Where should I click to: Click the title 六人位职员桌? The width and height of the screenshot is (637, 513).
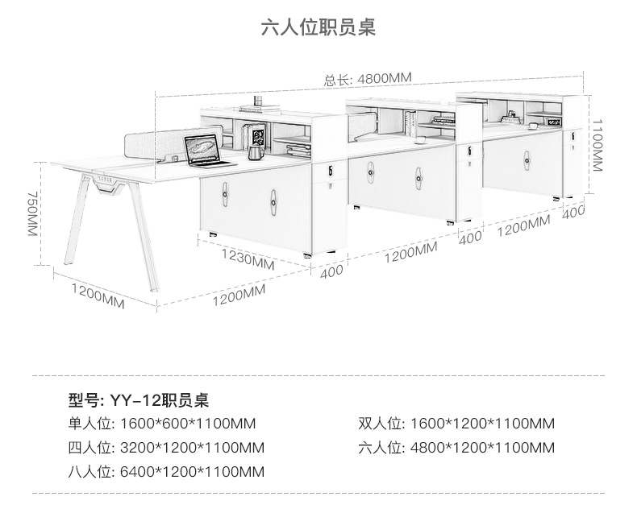coord(318,28)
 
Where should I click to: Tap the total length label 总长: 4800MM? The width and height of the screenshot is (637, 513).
coord(368,78)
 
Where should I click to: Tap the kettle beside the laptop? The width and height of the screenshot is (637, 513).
coord(255,151)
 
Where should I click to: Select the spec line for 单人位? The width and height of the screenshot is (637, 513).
coord(166,424)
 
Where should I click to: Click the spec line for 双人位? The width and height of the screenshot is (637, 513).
coord(456,424)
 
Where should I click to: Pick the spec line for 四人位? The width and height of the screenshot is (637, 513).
coord(166,448)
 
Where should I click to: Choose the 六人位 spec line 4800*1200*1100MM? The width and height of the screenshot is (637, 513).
coord(456,448)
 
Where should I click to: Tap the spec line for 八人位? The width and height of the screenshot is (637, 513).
coord(166,472)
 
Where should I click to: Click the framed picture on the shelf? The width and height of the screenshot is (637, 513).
coord(256,134)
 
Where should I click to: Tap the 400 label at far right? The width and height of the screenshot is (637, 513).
coord(573,212)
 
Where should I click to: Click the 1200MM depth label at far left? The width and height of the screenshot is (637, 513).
coord(98,294)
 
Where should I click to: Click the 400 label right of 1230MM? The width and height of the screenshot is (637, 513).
coord(331,271)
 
